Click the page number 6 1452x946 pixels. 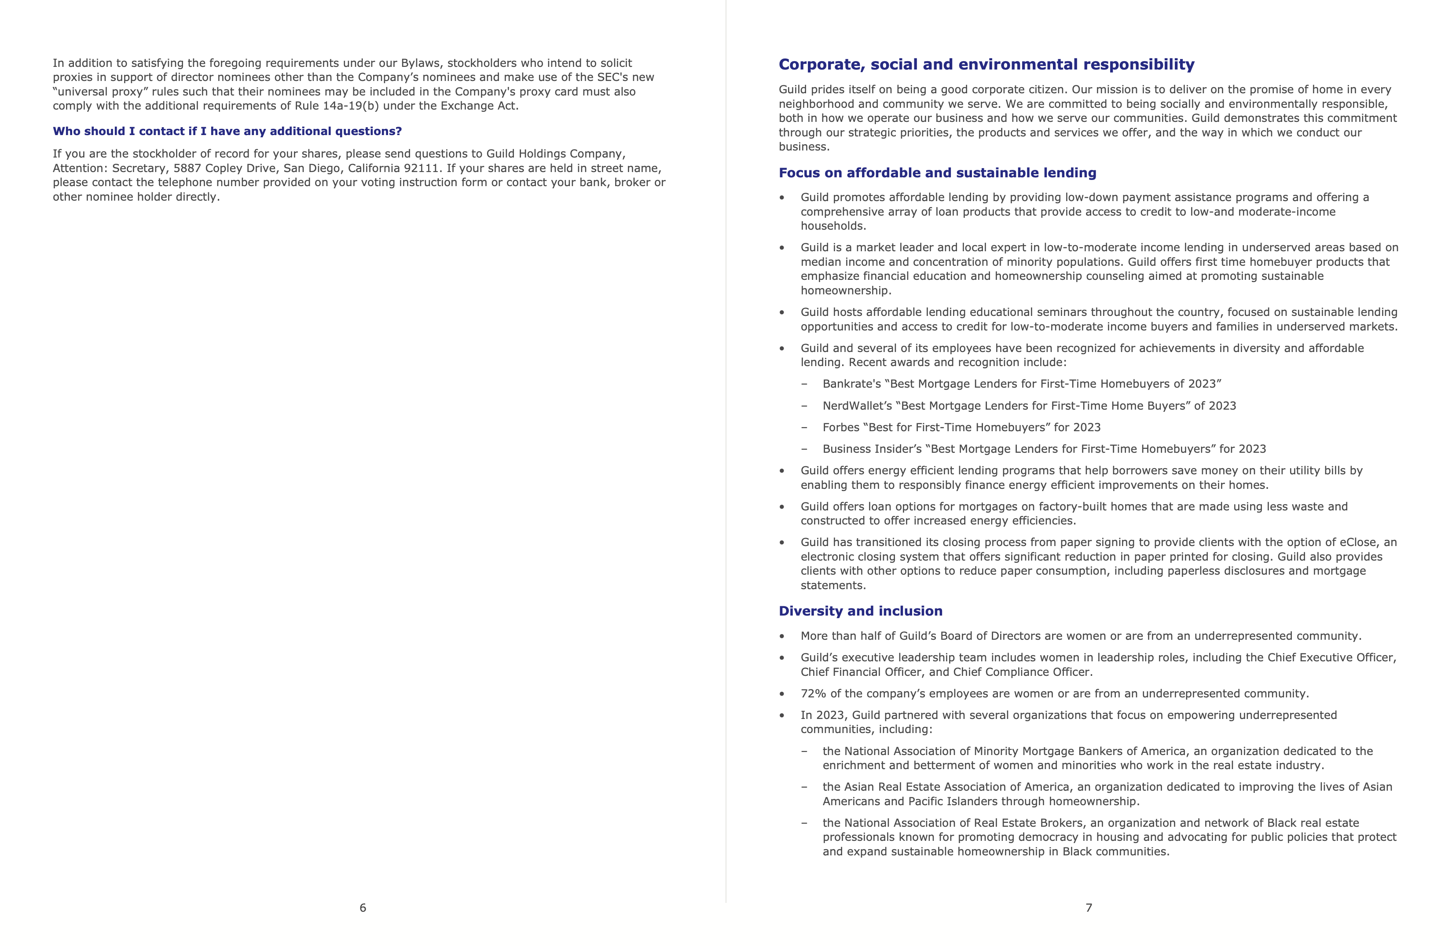tap(363, 908)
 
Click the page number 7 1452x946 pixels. tap(1089, 908)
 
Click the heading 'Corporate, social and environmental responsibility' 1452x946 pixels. tap(986, 65)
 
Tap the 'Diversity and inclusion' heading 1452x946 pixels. tap(860, 611)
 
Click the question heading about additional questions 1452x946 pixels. tap(227, 132)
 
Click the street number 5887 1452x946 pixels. tap(187, 169)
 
